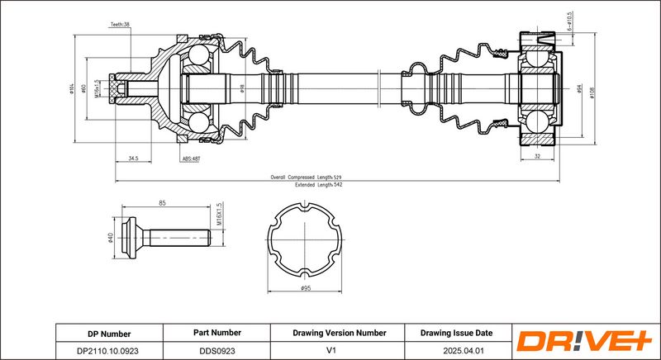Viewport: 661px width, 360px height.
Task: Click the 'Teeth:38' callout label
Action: pos(121,26)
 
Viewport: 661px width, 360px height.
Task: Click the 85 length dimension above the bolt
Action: pos(163,203)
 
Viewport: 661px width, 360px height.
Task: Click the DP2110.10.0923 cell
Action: pos(109,350)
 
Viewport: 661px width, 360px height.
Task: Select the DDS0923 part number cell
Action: pos(218,350)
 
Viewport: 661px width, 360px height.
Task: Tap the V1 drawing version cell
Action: pos(339,350)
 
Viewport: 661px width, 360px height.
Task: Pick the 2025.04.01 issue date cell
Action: pos(456,350)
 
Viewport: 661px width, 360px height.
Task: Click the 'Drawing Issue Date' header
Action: pos(456,333)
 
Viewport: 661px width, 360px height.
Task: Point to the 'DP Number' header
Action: pos(109,334)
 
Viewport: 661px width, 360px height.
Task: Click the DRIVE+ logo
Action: pos(583,341)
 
